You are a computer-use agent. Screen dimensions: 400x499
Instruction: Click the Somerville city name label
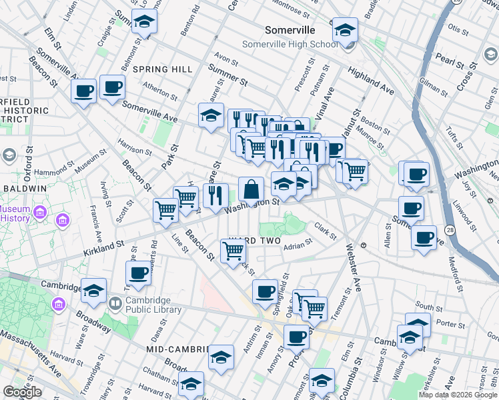[290, 31]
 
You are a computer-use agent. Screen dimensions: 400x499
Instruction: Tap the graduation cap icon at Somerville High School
[345, 30]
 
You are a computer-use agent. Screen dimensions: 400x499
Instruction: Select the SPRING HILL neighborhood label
[163, 69]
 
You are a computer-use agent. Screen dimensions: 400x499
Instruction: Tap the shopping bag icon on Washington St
[252, 190]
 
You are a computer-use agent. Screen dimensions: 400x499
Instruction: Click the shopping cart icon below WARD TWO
[233, 251]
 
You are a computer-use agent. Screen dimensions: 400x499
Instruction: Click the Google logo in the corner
[22, 392]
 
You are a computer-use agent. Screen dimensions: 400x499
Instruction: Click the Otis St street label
[458, 29]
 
